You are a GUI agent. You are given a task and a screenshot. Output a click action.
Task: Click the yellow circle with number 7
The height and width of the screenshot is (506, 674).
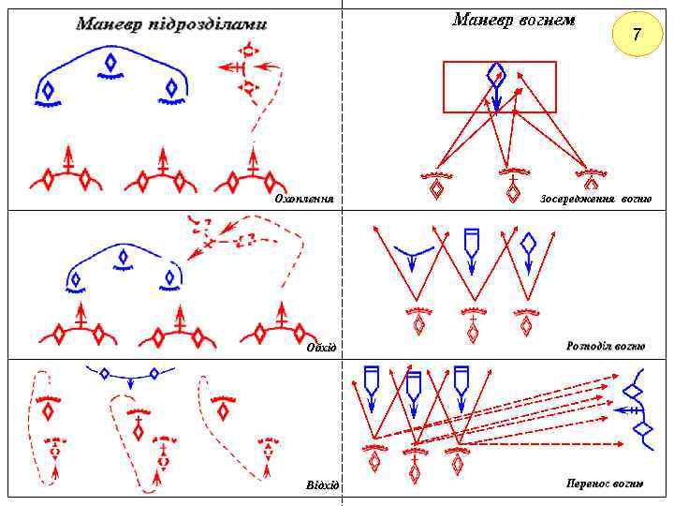pyautogui.click(x=637, y=36)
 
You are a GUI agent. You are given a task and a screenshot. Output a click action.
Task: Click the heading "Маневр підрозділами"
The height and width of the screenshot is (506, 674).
pyautogui.click(x=171, y=23)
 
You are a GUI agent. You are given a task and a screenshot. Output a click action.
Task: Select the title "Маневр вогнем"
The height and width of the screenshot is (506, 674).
pyautogui.click(x=514, y=20)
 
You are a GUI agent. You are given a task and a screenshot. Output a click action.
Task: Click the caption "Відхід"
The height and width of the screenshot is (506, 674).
pyautogui.click(x=322, y=484)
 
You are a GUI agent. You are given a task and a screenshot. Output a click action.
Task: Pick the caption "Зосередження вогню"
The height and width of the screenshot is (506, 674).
pyautogui.click(x=595, y=200)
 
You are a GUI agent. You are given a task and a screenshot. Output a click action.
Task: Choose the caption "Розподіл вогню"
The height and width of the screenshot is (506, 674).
pyautogui.click(x=605, y=346)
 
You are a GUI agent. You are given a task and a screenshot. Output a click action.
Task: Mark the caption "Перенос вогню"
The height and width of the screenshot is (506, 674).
pyautogui.click(x=605, y=484)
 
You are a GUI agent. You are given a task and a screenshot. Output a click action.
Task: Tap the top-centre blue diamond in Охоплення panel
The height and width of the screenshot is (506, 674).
pyautogui.click(x=110, y=63)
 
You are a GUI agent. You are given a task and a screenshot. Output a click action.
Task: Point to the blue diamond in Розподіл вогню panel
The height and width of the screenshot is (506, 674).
pyautogui.click(x=529, y=244)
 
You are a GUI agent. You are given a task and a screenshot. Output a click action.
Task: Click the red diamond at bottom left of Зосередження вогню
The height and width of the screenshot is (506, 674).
pyautogui.click(x=436, y=188)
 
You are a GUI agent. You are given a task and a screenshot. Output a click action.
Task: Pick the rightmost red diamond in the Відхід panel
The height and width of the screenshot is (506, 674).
pyautogui.click(x=222, y=409)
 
